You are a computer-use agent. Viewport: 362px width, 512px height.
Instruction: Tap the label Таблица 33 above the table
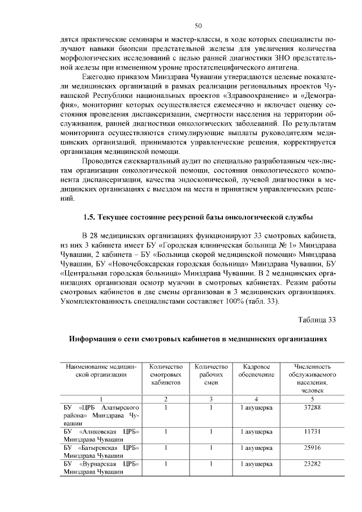[317, 320]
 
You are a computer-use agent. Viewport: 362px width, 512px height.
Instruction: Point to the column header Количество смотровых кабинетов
[165, 375]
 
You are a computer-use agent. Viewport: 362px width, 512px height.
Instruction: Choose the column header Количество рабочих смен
[210, 375]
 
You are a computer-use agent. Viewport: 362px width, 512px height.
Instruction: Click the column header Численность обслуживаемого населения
[312, 378]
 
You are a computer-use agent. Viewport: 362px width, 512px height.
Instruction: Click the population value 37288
[312, 407]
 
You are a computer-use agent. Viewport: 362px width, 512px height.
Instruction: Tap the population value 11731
[312, 432]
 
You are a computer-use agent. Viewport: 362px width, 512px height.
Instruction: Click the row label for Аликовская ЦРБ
[101, 436]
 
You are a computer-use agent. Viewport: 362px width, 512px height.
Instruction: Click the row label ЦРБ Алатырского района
[101, 415]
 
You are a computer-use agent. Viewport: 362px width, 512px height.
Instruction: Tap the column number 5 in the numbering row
[312, 399]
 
